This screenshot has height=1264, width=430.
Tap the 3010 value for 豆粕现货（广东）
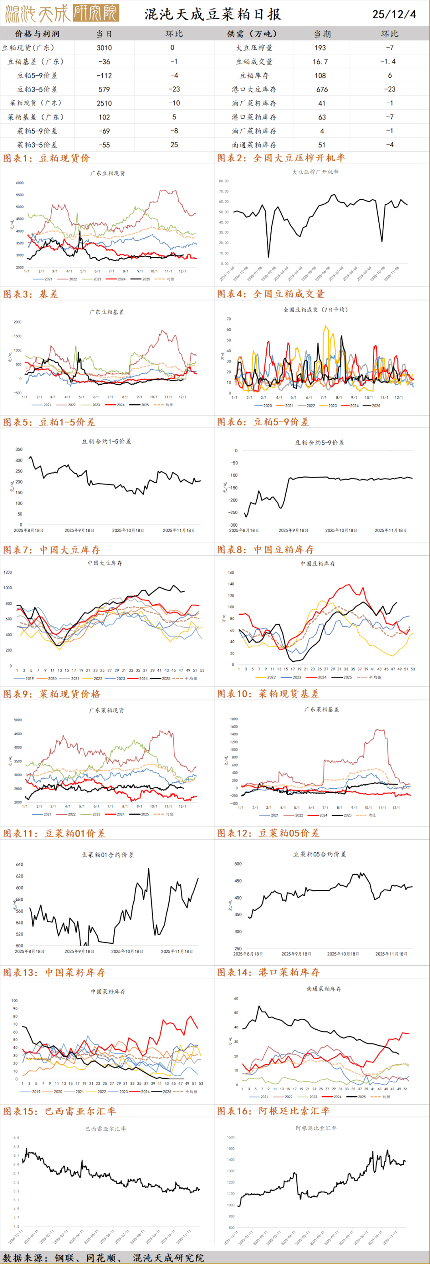tap(104, 47)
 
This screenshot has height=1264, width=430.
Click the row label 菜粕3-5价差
tap(37, 145)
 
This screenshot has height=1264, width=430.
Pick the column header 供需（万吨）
tap(254, 34)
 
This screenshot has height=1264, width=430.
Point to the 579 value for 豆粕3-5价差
tap(104, 89)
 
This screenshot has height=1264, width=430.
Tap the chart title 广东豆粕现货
tap(107, 173)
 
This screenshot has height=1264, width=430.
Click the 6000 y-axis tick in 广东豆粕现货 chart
tap(20, 183)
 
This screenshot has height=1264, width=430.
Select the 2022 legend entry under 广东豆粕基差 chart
tap(68, 405)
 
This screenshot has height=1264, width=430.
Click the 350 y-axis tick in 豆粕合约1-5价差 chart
tap(19, 449)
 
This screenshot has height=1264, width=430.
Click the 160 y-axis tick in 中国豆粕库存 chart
tap(231, 572)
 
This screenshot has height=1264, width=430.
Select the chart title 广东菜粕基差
tap(322, 709)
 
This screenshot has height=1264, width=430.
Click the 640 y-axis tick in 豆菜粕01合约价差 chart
tap(20, 864)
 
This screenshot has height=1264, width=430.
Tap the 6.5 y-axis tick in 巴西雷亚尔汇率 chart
tap(16, 1138)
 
